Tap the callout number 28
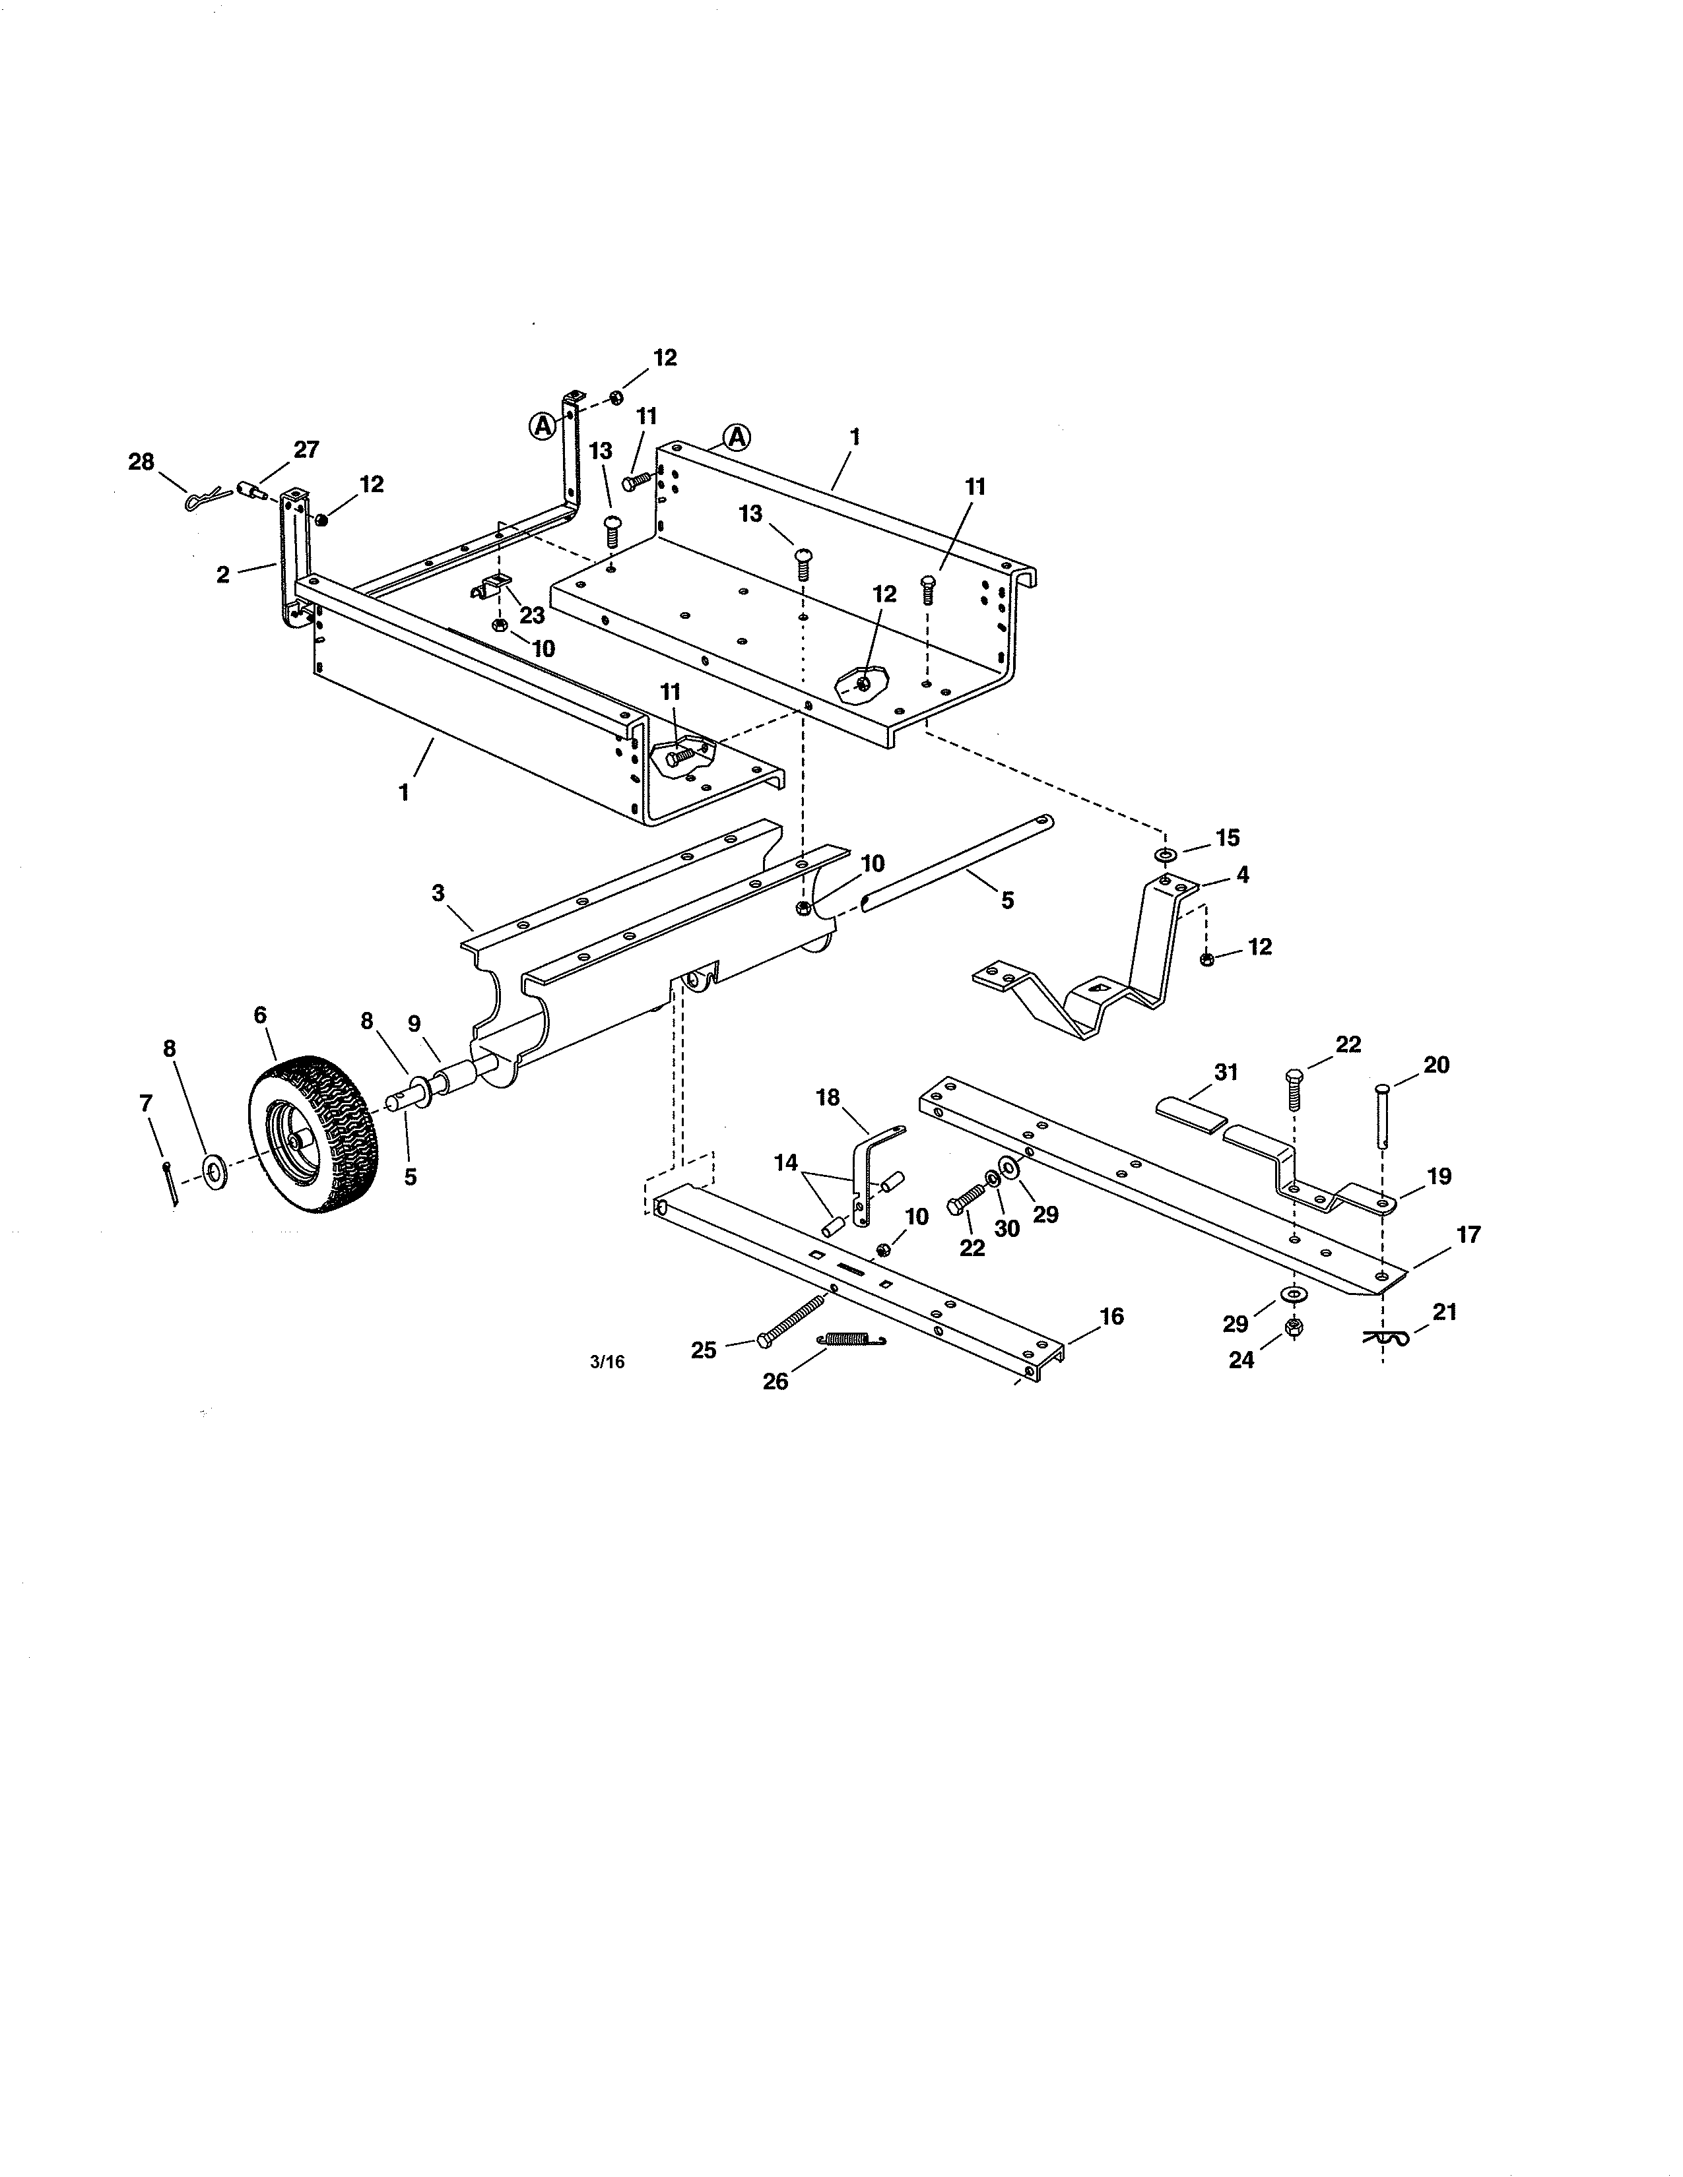tap(142, 462)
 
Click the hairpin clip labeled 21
tap(1387, 1339)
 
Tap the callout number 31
tap(1226, 1073)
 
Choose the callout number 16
tap(1111, 1317)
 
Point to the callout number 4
tap(1241, 874)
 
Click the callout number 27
tap(306, 449)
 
